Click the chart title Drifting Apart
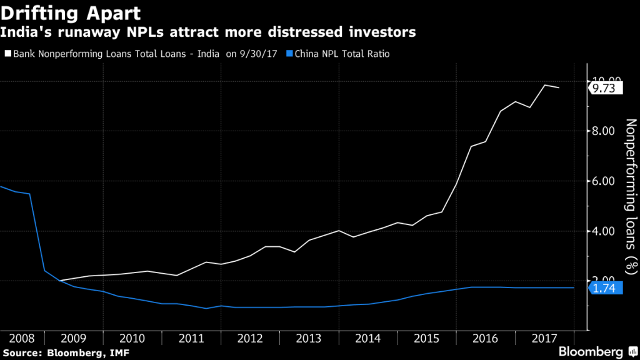coord(70,13)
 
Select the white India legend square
coord(7,54)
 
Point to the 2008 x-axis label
coord(22,338)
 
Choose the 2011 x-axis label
coord(191,338)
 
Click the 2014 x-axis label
coord(367,338)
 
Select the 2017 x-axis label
coord(544,338)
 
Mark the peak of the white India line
coord(544,85)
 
